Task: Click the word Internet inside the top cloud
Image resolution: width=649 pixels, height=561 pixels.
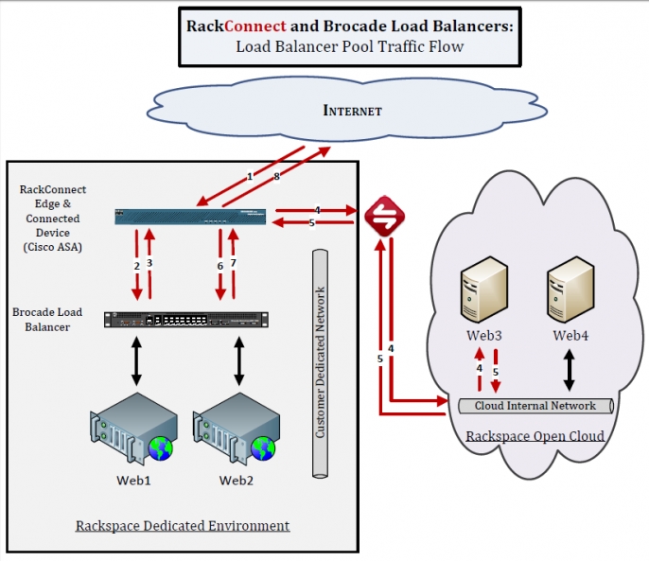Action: click(352, 111)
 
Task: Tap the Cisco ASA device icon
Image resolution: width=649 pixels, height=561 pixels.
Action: click(190, 217)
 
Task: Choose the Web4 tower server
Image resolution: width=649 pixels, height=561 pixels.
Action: click(570, 289)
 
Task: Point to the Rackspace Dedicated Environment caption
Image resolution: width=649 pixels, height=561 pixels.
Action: click(183, 525)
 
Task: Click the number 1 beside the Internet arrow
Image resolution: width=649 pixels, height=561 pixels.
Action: click(250, 176)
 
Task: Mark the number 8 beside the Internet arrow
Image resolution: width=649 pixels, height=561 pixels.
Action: click(275, 176)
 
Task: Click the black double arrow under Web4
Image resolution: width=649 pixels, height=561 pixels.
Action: click(570, 370)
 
